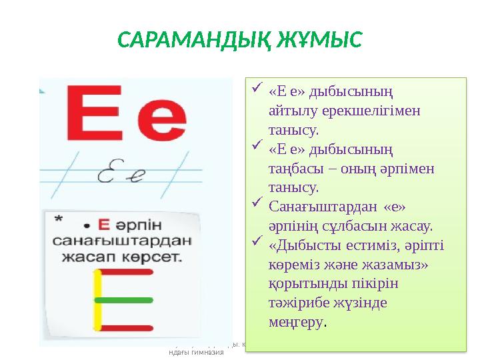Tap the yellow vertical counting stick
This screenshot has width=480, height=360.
tap(98, 300)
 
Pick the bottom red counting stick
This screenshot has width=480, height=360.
tap(123, 327)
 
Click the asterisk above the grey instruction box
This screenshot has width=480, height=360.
tap(59, 219)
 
